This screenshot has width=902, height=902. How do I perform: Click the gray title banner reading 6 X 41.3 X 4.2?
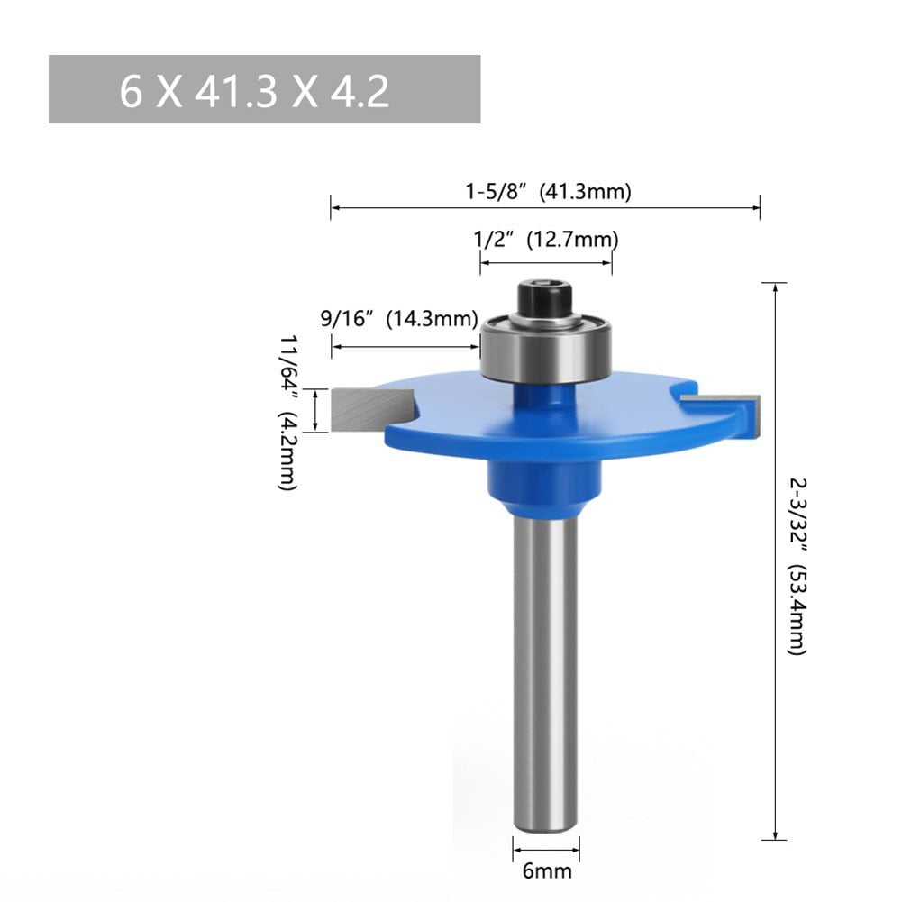click(264, 89)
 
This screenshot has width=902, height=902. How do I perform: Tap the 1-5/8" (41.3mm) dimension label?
click(547, 191)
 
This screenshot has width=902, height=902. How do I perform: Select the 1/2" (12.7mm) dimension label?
click(545, 240)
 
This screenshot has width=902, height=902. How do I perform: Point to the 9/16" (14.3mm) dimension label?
click(399, 318)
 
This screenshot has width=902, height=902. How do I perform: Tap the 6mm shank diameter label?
click(547, 871)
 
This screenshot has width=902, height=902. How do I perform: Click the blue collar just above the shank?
click(545, 482)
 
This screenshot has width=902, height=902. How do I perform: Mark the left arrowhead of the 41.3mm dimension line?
click(335, 208)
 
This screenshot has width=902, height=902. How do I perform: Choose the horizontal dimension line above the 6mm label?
click(546, 848)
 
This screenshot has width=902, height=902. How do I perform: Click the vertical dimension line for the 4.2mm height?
click(315, 410)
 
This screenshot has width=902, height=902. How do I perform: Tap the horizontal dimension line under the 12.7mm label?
click(545, 263)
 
